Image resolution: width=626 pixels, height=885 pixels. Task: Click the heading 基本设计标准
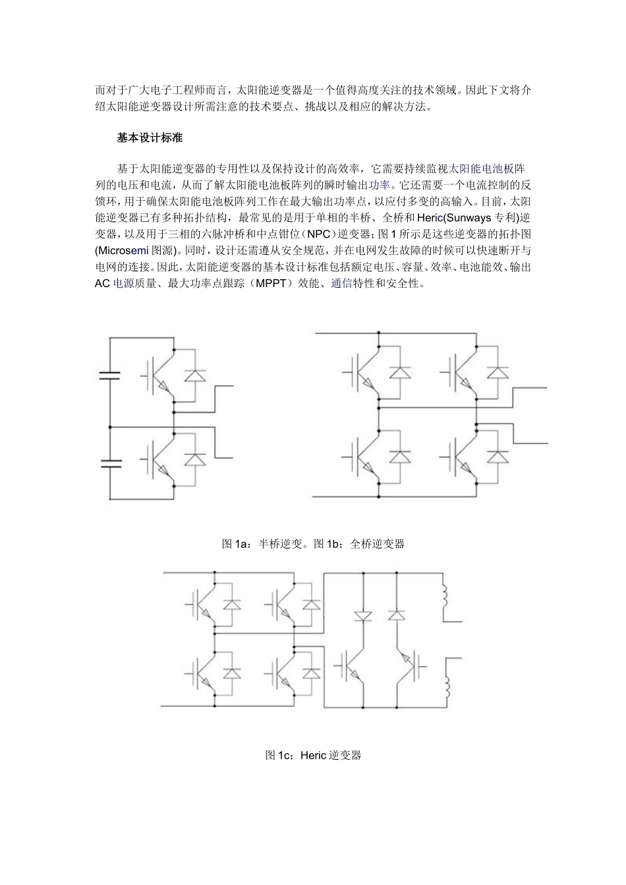pos(150,138)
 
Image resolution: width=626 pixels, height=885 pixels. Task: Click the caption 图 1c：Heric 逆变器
pos(313,755)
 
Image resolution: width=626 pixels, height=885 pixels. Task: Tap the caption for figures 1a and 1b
pos(313,544)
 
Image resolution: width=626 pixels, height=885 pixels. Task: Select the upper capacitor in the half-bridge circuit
pos(110,376)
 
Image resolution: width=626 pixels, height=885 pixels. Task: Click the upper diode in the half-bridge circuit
pos(194,375)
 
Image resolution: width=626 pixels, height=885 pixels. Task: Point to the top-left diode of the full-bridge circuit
pos(400,372)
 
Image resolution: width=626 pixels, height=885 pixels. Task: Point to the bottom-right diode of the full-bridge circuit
pos(498,456)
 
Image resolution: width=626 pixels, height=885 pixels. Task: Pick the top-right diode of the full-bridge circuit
pos(498,372)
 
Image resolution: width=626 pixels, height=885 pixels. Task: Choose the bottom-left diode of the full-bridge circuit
pos(400,456)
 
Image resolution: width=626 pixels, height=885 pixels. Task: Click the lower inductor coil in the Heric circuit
pos(446,688)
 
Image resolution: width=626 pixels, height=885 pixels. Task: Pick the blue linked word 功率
pos(380,184)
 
